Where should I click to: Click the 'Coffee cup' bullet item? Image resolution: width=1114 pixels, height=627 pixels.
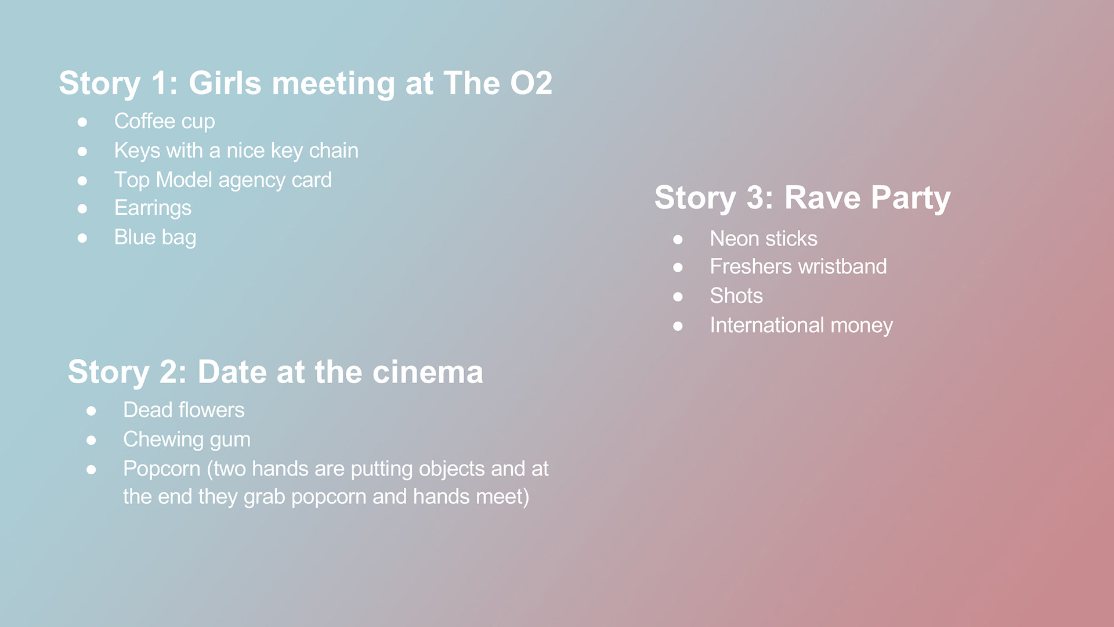[x=165, y=121]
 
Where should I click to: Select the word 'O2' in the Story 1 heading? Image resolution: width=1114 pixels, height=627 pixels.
[x=531, y=83]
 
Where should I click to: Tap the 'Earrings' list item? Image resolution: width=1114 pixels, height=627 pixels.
[x=153, y=208]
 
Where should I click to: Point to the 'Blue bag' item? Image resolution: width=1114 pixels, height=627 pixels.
[x=155, y=237]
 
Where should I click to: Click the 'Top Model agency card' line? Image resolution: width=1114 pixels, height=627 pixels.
[x=223, y=180]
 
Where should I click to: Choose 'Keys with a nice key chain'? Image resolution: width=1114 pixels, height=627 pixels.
[x=236, y=151]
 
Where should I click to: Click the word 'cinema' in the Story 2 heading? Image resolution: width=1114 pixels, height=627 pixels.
[x=428, y=372]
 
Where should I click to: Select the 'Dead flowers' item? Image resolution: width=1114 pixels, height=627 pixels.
[x=184, y=410]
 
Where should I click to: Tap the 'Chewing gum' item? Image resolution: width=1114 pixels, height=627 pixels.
[x=187, y=439]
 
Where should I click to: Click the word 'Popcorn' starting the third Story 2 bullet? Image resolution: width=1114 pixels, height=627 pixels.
[x=162, y=469]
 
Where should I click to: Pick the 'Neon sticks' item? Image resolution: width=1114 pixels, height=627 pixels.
[x=764, y=239]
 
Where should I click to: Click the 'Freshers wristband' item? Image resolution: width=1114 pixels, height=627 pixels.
[x=798, y=266]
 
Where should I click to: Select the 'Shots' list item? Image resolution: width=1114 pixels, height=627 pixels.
[x=736, y=296]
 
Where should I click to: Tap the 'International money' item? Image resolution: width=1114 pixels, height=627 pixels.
[x=801, y=325]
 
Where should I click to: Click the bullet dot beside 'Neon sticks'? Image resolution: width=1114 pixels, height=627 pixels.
[x=678, y=239]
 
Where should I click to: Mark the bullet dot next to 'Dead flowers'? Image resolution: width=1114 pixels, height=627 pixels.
[x=91, y=411]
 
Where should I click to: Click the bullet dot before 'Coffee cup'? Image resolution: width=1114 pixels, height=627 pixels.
[x=82, y=122]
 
